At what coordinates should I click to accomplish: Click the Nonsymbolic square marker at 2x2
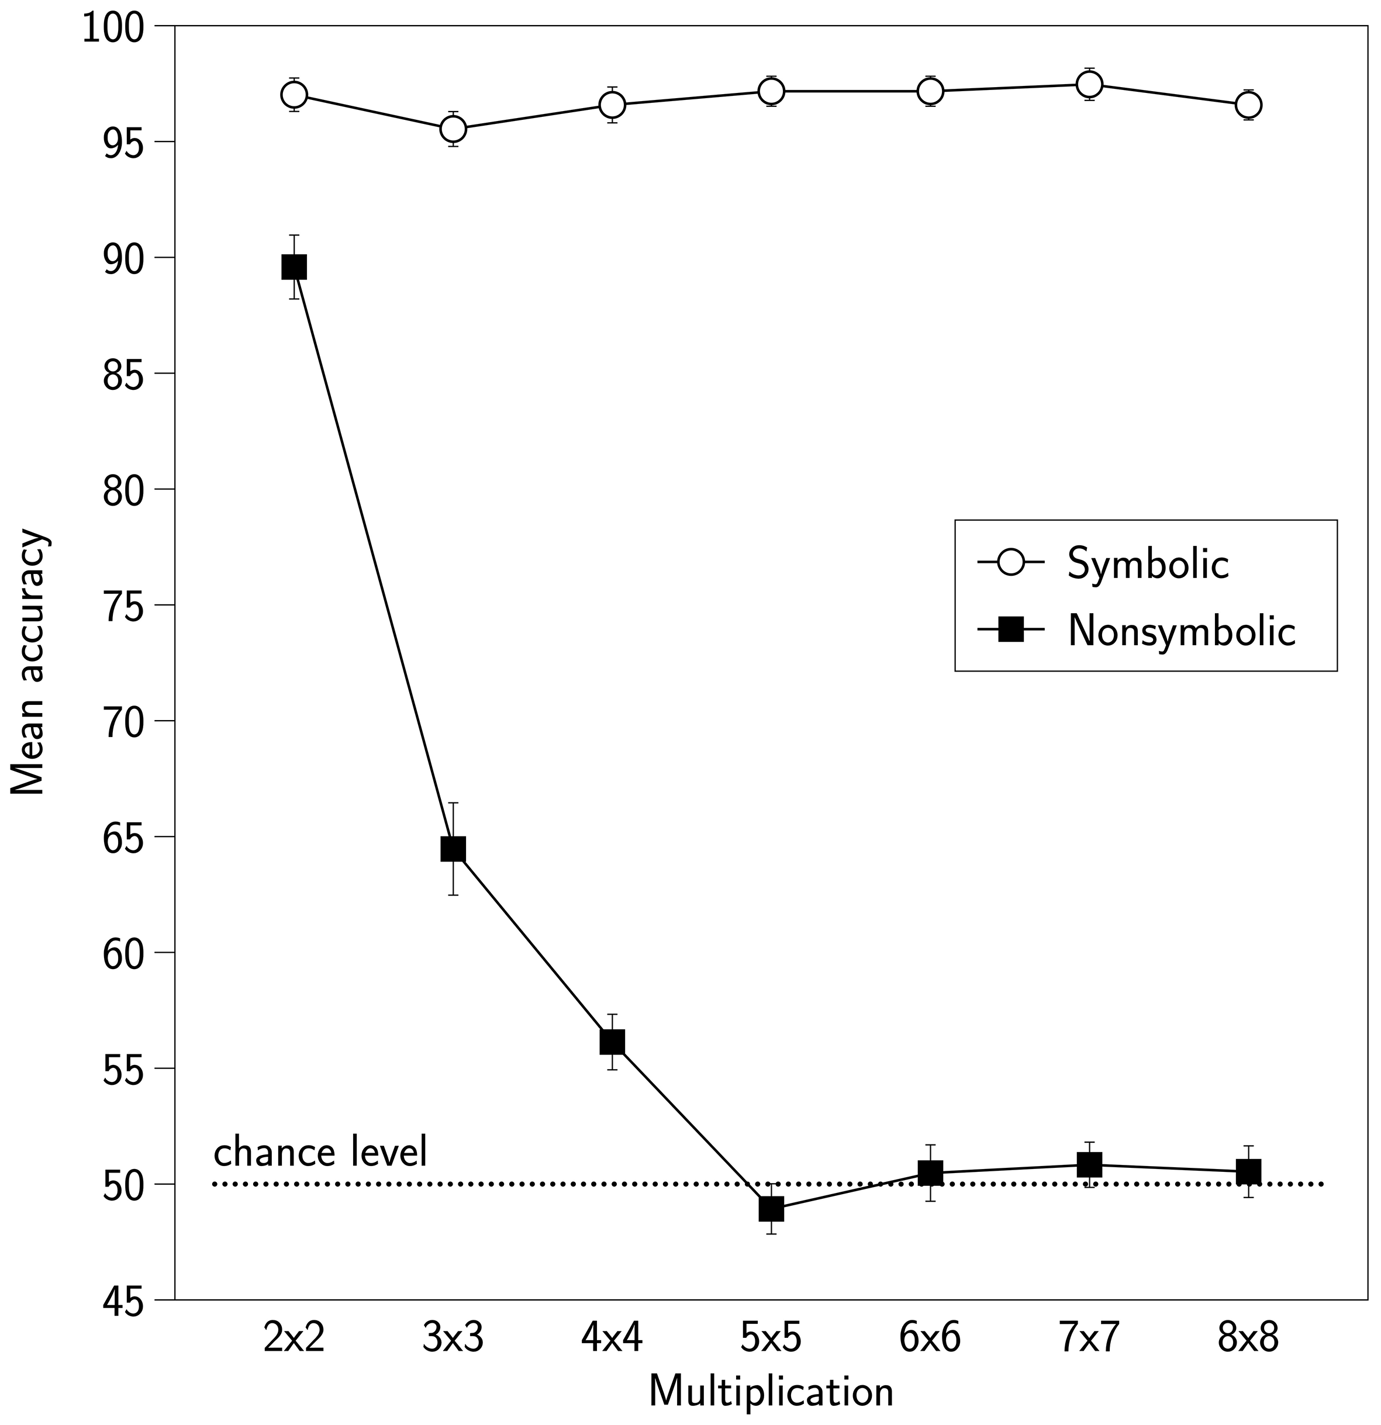(294, 267)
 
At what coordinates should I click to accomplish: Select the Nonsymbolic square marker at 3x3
(453, 849)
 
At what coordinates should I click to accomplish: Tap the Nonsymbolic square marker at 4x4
(612, 1042)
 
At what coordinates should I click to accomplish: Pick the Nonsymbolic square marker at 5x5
(771, 1209)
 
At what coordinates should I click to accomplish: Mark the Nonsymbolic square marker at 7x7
(1089, 1164)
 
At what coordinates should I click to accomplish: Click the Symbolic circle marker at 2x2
(294, 95)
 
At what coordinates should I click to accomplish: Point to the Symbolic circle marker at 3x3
(453, 129)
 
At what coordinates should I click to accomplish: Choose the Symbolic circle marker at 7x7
(1089, 84)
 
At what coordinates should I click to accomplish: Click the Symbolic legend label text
(1148, 564)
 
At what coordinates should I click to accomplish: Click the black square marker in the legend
(1011, 629)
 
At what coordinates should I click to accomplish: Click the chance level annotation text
(320, 1153)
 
